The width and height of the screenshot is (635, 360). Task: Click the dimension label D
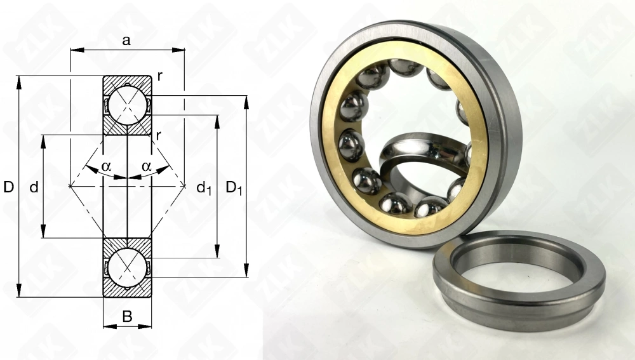[8, 187]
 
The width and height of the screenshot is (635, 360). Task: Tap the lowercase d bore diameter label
[34, 187]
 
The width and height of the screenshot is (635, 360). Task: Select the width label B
[127, 316]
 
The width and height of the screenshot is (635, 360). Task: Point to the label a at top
[127, 41]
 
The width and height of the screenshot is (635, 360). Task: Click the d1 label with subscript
[204, 188]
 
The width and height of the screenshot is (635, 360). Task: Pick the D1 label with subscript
[234, 188]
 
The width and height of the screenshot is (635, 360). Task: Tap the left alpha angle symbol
[106, 166]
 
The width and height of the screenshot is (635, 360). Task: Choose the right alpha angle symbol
[146, 166]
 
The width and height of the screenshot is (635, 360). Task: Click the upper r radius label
[160, 76]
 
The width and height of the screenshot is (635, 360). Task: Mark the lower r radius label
[158, 135]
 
